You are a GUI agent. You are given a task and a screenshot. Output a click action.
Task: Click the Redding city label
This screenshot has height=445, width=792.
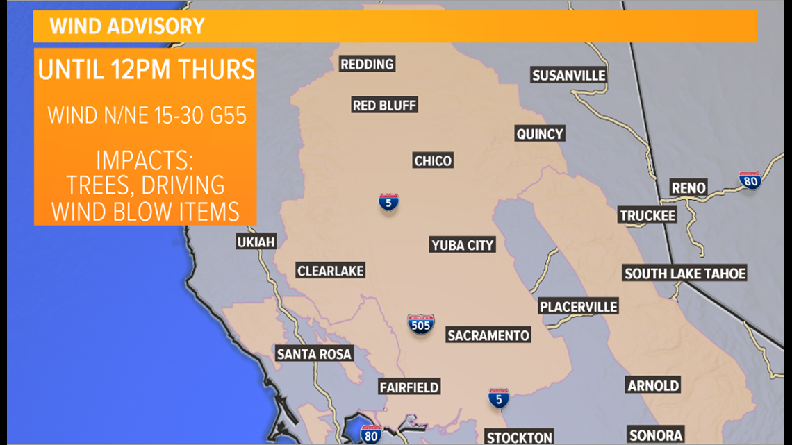[x=367, y=65]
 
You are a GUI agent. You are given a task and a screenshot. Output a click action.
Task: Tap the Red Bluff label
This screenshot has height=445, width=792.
[x=384, y=106]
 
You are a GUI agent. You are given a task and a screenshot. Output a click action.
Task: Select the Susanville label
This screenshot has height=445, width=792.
[x=569, y=76]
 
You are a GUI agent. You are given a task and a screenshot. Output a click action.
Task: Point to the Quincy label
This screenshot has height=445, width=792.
[x=540, y=134]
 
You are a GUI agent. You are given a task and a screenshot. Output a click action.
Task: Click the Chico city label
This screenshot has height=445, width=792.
[x=433, y=161]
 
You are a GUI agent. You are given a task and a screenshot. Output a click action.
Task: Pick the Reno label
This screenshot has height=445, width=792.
[x=688, y=187]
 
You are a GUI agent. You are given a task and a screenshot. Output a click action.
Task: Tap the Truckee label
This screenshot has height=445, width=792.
[x=647, y=216]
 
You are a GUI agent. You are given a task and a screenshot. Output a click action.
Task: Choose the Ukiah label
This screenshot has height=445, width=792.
[x=256, y=242]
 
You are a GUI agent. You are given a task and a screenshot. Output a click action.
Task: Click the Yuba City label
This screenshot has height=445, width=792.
[x=463, y=245]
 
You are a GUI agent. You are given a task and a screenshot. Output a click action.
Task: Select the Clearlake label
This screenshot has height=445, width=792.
[x=331, y=271]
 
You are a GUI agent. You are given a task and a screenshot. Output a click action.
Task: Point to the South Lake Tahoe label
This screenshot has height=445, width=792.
[x=685, y=274]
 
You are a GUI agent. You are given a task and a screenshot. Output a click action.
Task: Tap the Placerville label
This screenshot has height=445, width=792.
[x=578, y=307]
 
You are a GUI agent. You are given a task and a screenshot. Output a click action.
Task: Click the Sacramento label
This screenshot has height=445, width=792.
[x=488, y=336]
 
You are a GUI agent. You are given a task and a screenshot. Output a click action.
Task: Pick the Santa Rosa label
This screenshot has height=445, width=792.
[x=314, y=354]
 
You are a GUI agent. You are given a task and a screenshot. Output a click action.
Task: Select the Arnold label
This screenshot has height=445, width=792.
[x=653, y=386]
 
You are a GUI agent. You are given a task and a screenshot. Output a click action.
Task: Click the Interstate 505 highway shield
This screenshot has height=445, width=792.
[x=421, y=324]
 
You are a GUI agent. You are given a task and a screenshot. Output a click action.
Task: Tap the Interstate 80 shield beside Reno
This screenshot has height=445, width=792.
[x=750, y=180]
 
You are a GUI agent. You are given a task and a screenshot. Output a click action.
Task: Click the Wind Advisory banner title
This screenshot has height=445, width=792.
[x=127, y=27]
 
